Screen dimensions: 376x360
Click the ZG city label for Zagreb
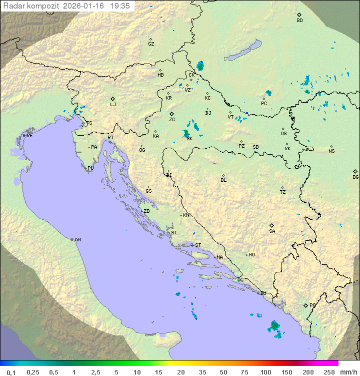click(172, 120)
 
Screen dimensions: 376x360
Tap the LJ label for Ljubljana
click(113, 105)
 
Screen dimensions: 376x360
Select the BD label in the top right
click(299, 21)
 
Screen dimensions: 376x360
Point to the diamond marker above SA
click(272, 225)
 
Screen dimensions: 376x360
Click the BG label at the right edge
click(355, 177)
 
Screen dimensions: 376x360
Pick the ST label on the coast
click(198, 245)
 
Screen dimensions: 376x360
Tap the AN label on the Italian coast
click(77, 240)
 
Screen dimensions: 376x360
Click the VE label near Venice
click(29, 136)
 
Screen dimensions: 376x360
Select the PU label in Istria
click(90, 168)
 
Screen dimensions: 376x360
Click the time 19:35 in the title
click(120, 6)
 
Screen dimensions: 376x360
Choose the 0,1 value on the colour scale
click(11, 372)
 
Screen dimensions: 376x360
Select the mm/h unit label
click(348, 372)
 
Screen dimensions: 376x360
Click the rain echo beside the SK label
click(186, 133)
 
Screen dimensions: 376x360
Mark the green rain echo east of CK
click(200, 66)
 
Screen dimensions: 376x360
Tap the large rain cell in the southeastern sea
click(274, 327)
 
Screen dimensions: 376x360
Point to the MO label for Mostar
click(251, 255)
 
